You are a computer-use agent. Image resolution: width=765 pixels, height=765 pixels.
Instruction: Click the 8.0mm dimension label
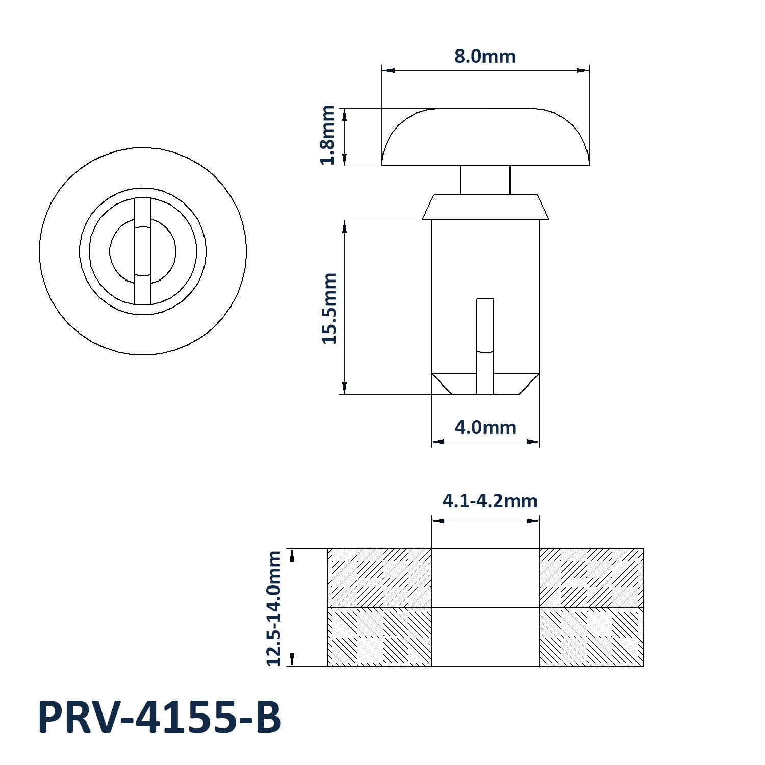[x=485, y=56]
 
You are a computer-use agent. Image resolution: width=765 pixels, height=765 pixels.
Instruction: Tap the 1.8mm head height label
[x=327, y=135]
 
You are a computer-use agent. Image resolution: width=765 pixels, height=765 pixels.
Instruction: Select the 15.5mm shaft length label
[x=329, y=309]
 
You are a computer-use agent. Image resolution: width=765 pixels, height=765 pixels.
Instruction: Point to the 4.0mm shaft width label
[x=486, y=427]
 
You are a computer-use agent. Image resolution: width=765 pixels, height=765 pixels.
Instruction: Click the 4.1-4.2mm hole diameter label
[x=490, y=501]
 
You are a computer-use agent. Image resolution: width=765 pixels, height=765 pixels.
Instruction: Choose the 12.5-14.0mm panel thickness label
[x=274, y=608]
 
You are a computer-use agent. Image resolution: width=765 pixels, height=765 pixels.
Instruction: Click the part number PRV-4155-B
[x=160, y=718]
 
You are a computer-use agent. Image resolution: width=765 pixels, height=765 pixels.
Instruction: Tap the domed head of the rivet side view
[x=486, y=137]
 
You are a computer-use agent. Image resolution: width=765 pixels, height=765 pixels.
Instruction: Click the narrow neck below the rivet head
[x=485, y=180]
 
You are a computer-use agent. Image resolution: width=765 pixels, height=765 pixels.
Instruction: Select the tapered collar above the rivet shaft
[x=486, y=207]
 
